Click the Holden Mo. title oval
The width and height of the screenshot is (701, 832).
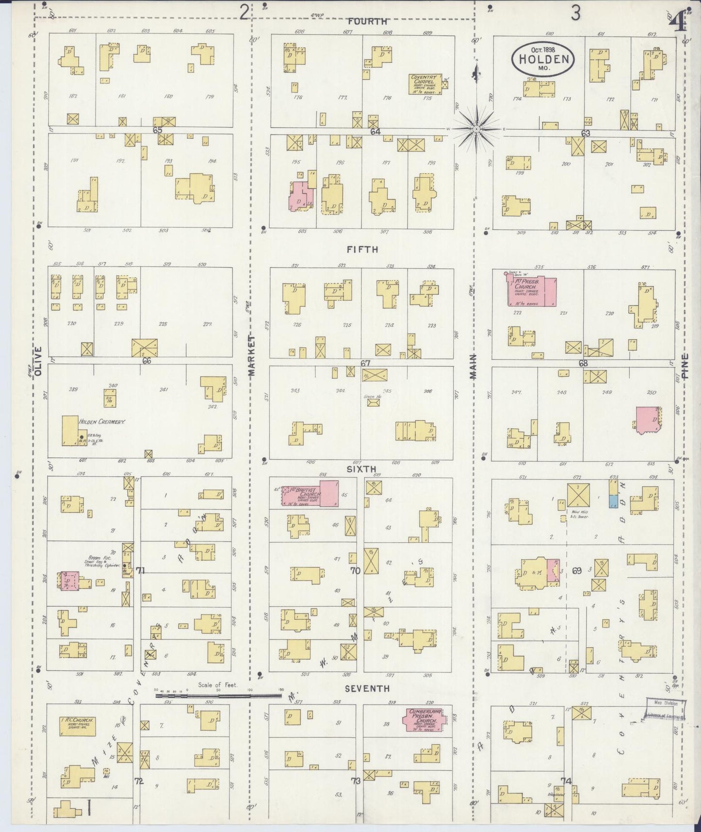543,58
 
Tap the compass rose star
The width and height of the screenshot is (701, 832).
476,129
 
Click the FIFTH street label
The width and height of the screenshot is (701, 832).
362,250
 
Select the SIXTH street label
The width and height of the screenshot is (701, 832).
361,469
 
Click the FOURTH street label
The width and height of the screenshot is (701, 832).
367,21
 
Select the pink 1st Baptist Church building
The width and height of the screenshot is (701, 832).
310,494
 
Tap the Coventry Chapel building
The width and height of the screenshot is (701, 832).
425,83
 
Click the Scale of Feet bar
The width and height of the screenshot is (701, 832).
218,695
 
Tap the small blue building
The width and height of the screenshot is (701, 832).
613,501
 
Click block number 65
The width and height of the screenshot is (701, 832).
157,130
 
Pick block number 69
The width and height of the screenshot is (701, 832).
576,571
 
